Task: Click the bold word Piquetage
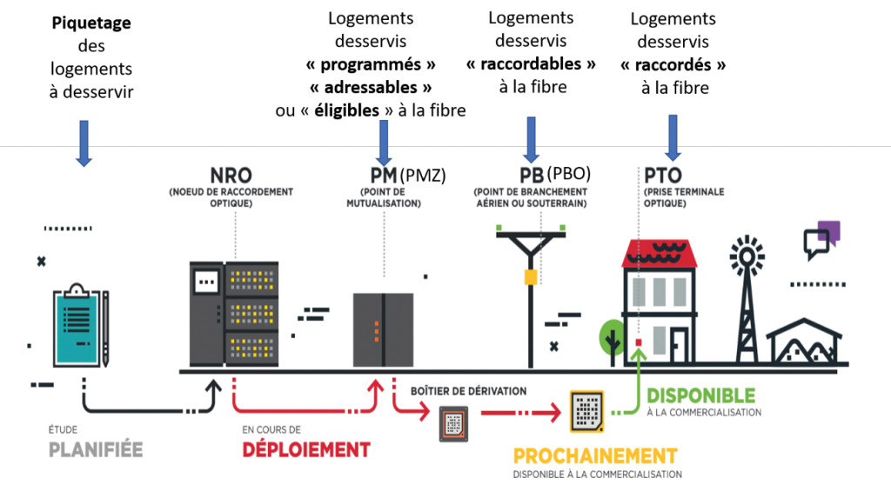pyautogui.click(x=91, y=23)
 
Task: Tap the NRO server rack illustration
pyautogui.click(x=233, y=314)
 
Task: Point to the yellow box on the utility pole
pyautogui.click(x=529, y=276)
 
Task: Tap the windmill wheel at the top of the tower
pyautogui.click(x=746, y=256)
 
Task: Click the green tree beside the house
pyautogui.click(x=613, y=336)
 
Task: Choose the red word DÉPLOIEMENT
pyautogui.click(x=305, y=449)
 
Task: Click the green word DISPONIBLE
pyautogui.click(x=700, y=396)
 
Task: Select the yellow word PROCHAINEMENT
pyautogui.click(x=594, y=456)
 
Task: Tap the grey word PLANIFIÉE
pyautogui.click(x=96, y=449)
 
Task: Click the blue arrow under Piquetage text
pyautogui.click(x=84, y=143)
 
